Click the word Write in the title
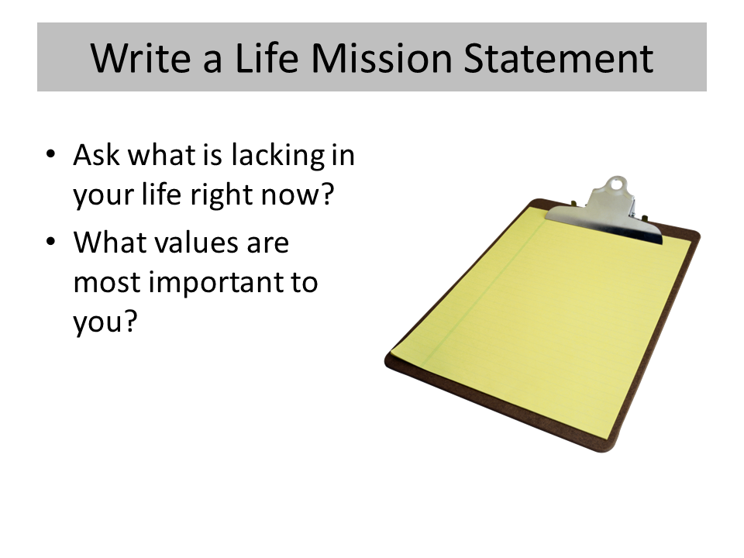[x=141, y=58]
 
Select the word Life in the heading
[x=267, y=58]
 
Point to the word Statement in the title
[x=559, y=58]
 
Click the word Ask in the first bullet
[x=96, y=155]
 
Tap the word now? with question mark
[x=298, y=195]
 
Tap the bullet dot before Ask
[x=50, y=154]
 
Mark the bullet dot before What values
[x=50, y=242]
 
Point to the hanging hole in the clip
[x=616, y=184]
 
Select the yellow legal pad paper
[x=541, y=322]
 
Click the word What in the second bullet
[x=109, y=242]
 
